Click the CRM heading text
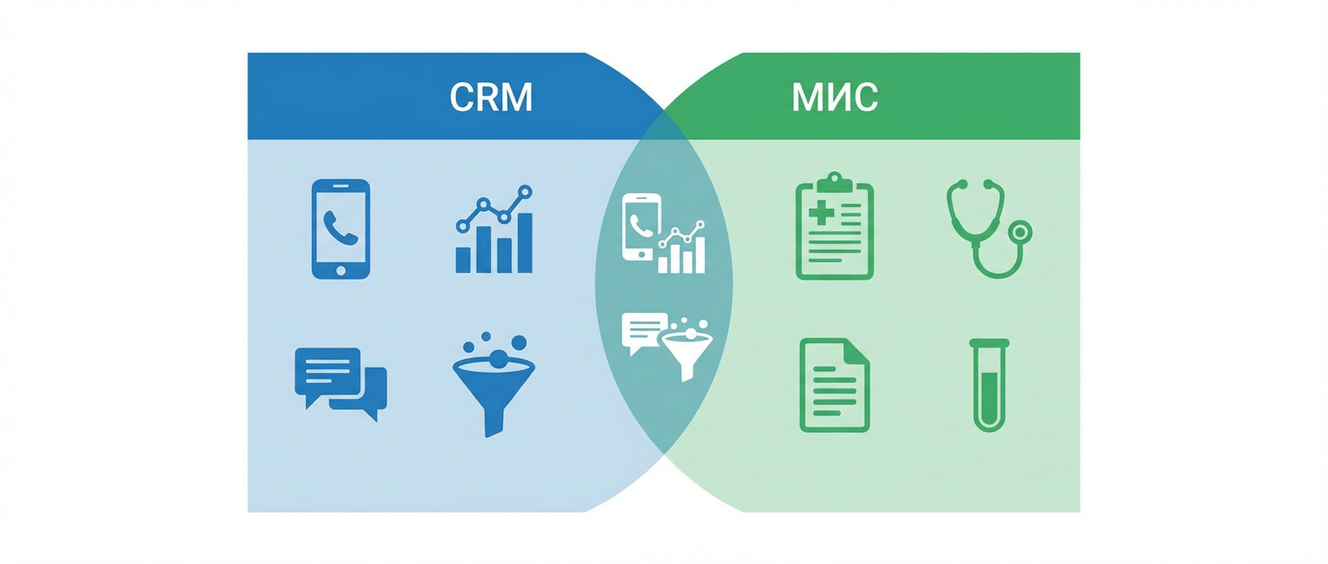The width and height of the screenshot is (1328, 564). (x=491, y=97)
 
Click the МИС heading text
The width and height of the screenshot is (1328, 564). (x=834, y=97)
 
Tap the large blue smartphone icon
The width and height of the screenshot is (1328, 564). (x=340, y=228)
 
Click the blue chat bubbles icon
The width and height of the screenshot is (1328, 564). (x=340, y=382)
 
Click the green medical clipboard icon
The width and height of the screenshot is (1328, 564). (x=834, y=228)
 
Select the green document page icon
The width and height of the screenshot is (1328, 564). (x=834, y=385)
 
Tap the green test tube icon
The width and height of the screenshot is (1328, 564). (x=989, y=385)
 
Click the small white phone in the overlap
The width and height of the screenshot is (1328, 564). (x=641, y=227)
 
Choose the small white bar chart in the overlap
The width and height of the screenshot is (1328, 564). (x=682, y=249)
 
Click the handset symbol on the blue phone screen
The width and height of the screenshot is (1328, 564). (x=340, y=227)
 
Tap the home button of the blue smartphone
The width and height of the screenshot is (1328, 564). (x=340, y=270)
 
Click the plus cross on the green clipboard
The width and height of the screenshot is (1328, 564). (x=821, y=212)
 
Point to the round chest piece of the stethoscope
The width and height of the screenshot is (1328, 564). (x=1019, y=232)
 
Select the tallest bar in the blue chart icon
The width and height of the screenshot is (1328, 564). (x=524, y=243)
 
